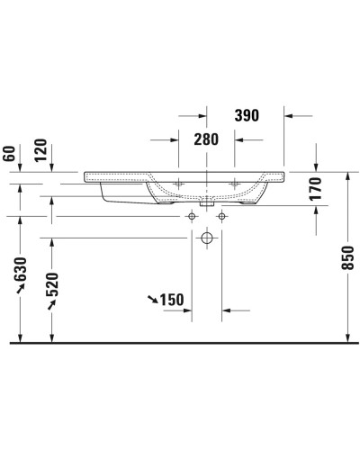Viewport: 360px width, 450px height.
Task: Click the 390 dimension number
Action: tap(246, 115)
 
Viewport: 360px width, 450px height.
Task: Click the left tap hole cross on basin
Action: tap(178, 184)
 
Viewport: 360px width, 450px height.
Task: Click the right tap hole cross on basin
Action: tap(237, 184)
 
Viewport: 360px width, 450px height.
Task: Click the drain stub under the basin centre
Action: tap(207, 202)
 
